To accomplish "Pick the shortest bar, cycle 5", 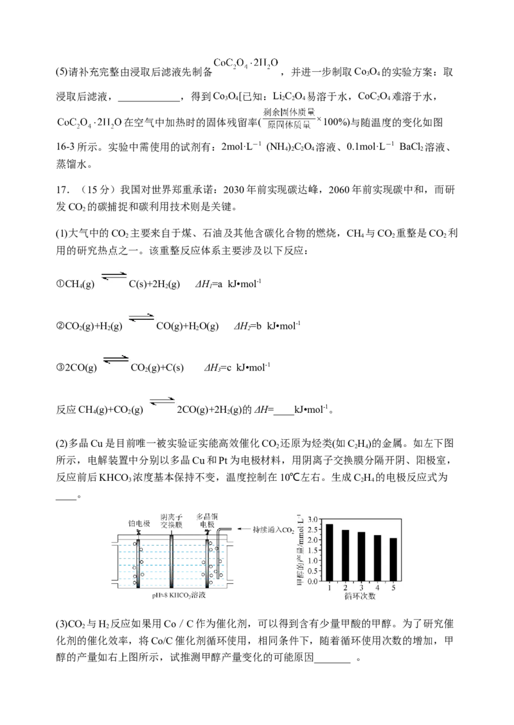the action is point(393,559).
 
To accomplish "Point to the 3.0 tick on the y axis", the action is point(313,520).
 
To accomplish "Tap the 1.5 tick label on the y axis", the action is point(313,550).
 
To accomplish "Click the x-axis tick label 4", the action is point(377,588).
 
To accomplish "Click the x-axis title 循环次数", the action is point(360,597).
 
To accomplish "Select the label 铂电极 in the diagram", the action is point(139,523).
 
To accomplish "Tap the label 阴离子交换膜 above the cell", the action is point(172,521).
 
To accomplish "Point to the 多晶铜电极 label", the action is point(207,521).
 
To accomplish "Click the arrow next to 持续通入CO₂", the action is point(244,529).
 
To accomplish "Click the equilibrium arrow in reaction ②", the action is point(141,318).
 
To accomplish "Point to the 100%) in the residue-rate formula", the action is point(336,123).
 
